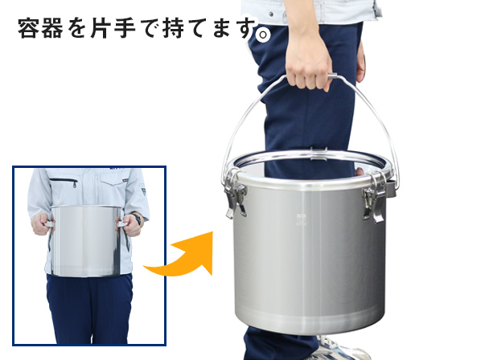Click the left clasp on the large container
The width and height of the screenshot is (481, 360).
click(x=236, y=195)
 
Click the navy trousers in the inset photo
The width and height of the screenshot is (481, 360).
click(x=88, y=309)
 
